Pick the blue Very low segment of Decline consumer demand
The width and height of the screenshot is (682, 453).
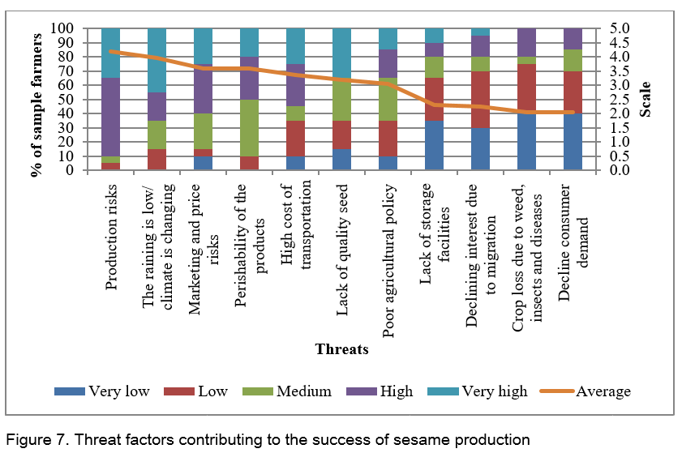pyautogui.click(x=573, y=142)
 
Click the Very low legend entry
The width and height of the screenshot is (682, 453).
pyautogui.click(x=102, y=391)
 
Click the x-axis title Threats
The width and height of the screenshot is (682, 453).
pyautogui.click(x=341, y=350)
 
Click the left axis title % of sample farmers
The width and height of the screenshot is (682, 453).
pyautogui.click(x=37, y=100)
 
